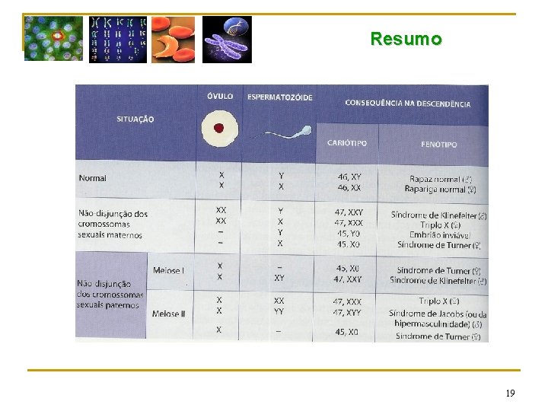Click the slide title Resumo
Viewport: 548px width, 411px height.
406,39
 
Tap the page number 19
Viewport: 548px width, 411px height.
510,393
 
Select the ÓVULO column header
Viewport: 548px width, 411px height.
220,97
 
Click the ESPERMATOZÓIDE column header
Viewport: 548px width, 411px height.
280,97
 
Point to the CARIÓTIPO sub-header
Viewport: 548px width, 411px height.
346,143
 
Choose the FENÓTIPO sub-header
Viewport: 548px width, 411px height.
438,144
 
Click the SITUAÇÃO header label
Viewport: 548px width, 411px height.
135,119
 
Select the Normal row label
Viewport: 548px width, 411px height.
93,178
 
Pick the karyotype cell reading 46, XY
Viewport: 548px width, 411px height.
348,177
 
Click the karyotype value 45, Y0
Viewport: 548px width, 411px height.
348,233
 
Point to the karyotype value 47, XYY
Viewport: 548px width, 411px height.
348,313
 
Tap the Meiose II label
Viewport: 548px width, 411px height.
169,314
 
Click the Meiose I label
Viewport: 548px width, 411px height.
168,271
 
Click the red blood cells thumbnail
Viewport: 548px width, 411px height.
173,39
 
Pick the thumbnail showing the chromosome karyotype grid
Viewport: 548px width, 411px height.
118,39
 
